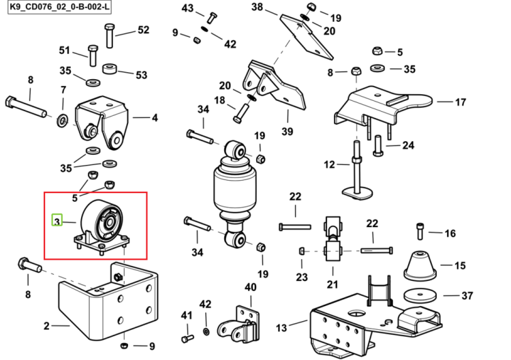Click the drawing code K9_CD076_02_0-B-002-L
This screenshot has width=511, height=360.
click(x=59, y=7)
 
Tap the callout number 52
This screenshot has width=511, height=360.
click(x=143, y=30)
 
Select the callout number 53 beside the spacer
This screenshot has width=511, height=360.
click(x=142, y=75)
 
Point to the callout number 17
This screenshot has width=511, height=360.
click(x=461, y=102)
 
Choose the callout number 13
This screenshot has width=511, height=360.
click(x=281, y=327)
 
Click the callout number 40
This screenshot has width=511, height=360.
click(x=250, y=287)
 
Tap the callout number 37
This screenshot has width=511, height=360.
click(x=467, y=295)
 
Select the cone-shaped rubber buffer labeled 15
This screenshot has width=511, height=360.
click(x=420, y=265)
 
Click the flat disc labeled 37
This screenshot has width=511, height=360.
click(x=420, y=295)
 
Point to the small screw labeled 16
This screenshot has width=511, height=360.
click(x=420, y=231)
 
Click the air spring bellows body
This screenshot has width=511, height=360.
click(x=234, y=187)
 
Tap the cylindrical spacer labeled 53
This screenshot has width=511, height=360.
click(x=110, y=69)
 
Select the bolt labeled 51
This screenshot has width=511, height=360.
click(x=93, y=55)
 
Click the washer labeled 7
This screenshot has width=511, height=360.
click(x=62, y=120)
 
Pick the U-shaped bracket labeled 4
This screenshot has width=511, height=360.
click(x=102, y=123)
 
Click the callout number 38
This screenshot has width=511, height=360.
click(x=257, y=7)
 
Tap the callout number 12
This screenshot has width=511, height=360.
click(x=330, y=164)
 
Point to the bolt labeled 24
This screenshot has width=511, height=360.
click(x=378, y=145)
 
